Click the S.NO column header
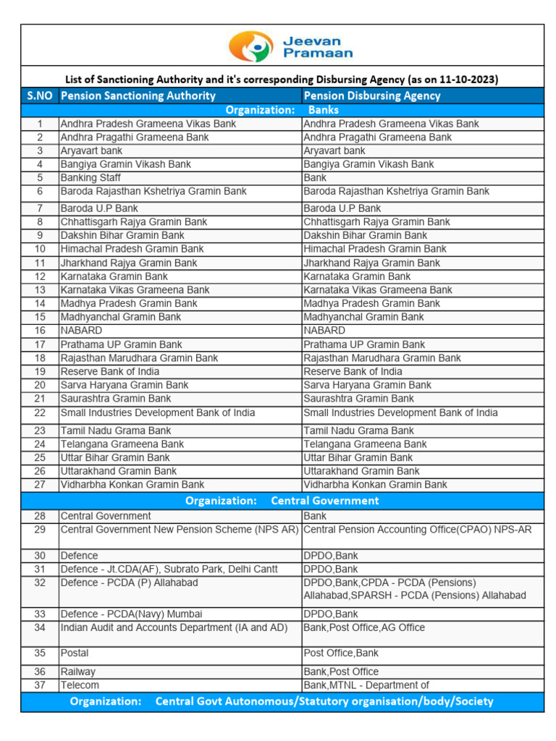pyautogui.click(x=40, y=96)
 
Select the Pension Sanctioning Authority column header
pyautogui.click(x=138, y=96)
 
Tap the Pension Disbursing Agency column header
pyautogui.click(x=372, y=96)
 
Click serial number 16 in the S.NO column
pyautogui.click(x=40, y=331)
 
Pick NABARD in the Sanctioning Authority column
pyautogui.click(x=81, y=331)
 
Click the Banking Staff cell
pyautogui.click(x=90, y=178)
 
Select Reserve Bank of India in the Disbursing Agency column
pyautogui.click(x=353, y=371)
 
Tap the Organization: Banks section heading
pyautogui.click(x=282, y=110)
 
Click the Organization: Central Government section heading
pyautogui.click(x=282, y=501)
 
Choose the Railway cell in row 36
pyautogui.click(x=78, y=672)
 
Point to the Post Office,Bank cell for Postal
pyautogui.click(x=341, y=653)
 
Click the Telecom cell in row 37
pyautogui.click(x=80, y=685)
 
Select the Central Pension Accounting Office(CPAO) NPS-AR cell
pyautogui.click(x=418, y=530)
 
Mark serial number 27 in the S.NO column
pyautogui.click(x=40, y=485)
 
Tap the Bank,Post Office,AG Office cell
pyautogui.click(x=364, y=627)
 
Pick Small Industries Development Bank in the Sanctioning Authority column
pyautogui.click(x=158, y=413)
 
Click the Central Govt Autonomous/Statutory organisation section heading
pyautogui.click(x=282, y=701)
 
